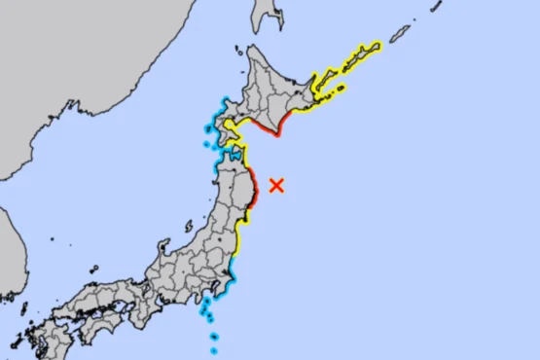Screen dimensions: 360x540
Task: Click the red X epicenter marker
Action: [276, 184]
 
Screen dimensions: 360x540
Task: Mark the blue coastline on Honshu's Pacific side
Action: [230, 276]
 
